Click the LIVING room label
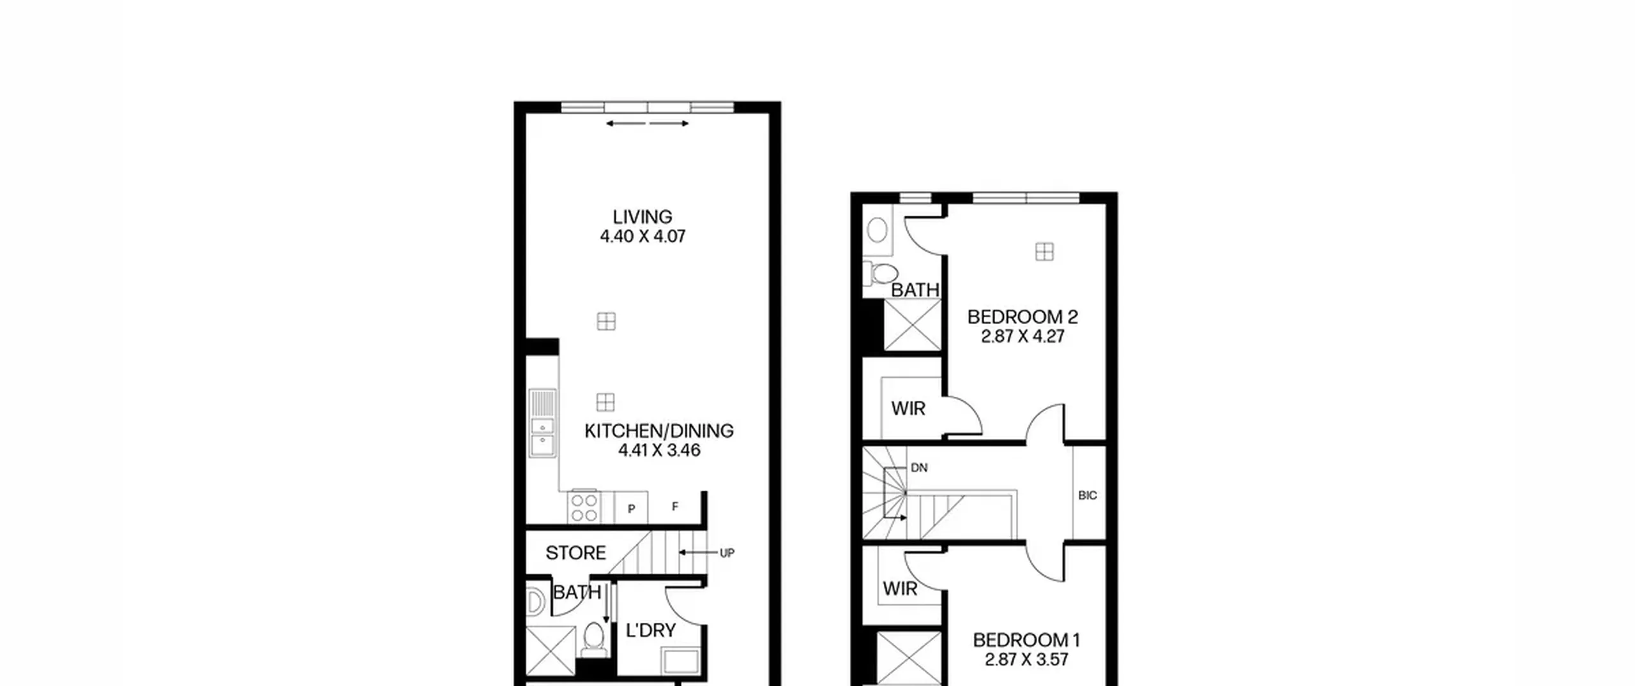tap(643, 217)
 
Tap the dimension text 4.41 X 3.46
tap(659, 451)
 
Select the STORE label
tap(575, 553)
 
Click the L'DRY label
tap(651, 630)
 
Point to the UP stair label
tap(727, 553)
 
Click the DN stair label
tap(919, 468)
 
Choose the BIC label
tap(1088, 495)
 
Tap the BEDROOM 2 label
tap(1023, 317)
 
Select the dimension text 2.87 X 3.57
tap(1026, 660)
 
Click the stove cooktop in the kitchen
tap(584, 508)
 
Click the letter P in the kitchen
tap(632, 509)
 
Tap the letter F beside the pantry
tap(675, 507)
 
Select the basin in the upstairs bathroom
tap(878, 230)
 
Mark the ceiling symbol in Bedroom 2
tap(1044, 252)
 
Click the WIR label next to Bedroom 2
tap(908, 408)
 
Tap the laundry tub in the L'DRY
tap(681, 661)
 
